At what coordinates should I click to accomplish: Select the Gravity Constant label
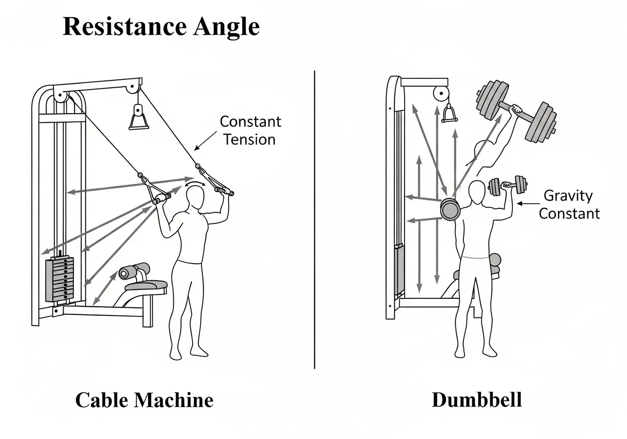(569, 204)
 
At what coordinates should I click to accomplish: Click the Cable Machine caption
(144, 400)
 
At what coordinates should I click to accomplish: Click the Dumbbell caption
(476, 400)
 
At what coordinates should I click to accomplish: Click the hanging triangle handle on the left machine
(139, 119)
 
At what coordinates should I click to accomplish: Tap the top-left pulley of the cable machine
(61, 96)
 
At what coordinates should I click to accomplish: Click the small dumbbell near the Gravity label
(507, 186)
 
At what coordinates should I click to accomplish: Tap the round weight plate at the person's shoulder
(449, 209)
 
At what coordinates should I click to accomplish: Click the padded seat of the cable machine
(147, 285)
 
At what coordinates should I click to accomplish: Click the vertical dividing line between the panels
(314, 220)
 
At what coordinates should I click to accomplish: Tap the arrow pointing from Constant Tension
(206, 140)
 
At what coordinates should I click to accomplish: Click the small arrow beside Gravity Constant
(529, 203)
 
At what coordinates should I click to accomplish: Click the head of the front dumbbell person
(476, 193)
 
